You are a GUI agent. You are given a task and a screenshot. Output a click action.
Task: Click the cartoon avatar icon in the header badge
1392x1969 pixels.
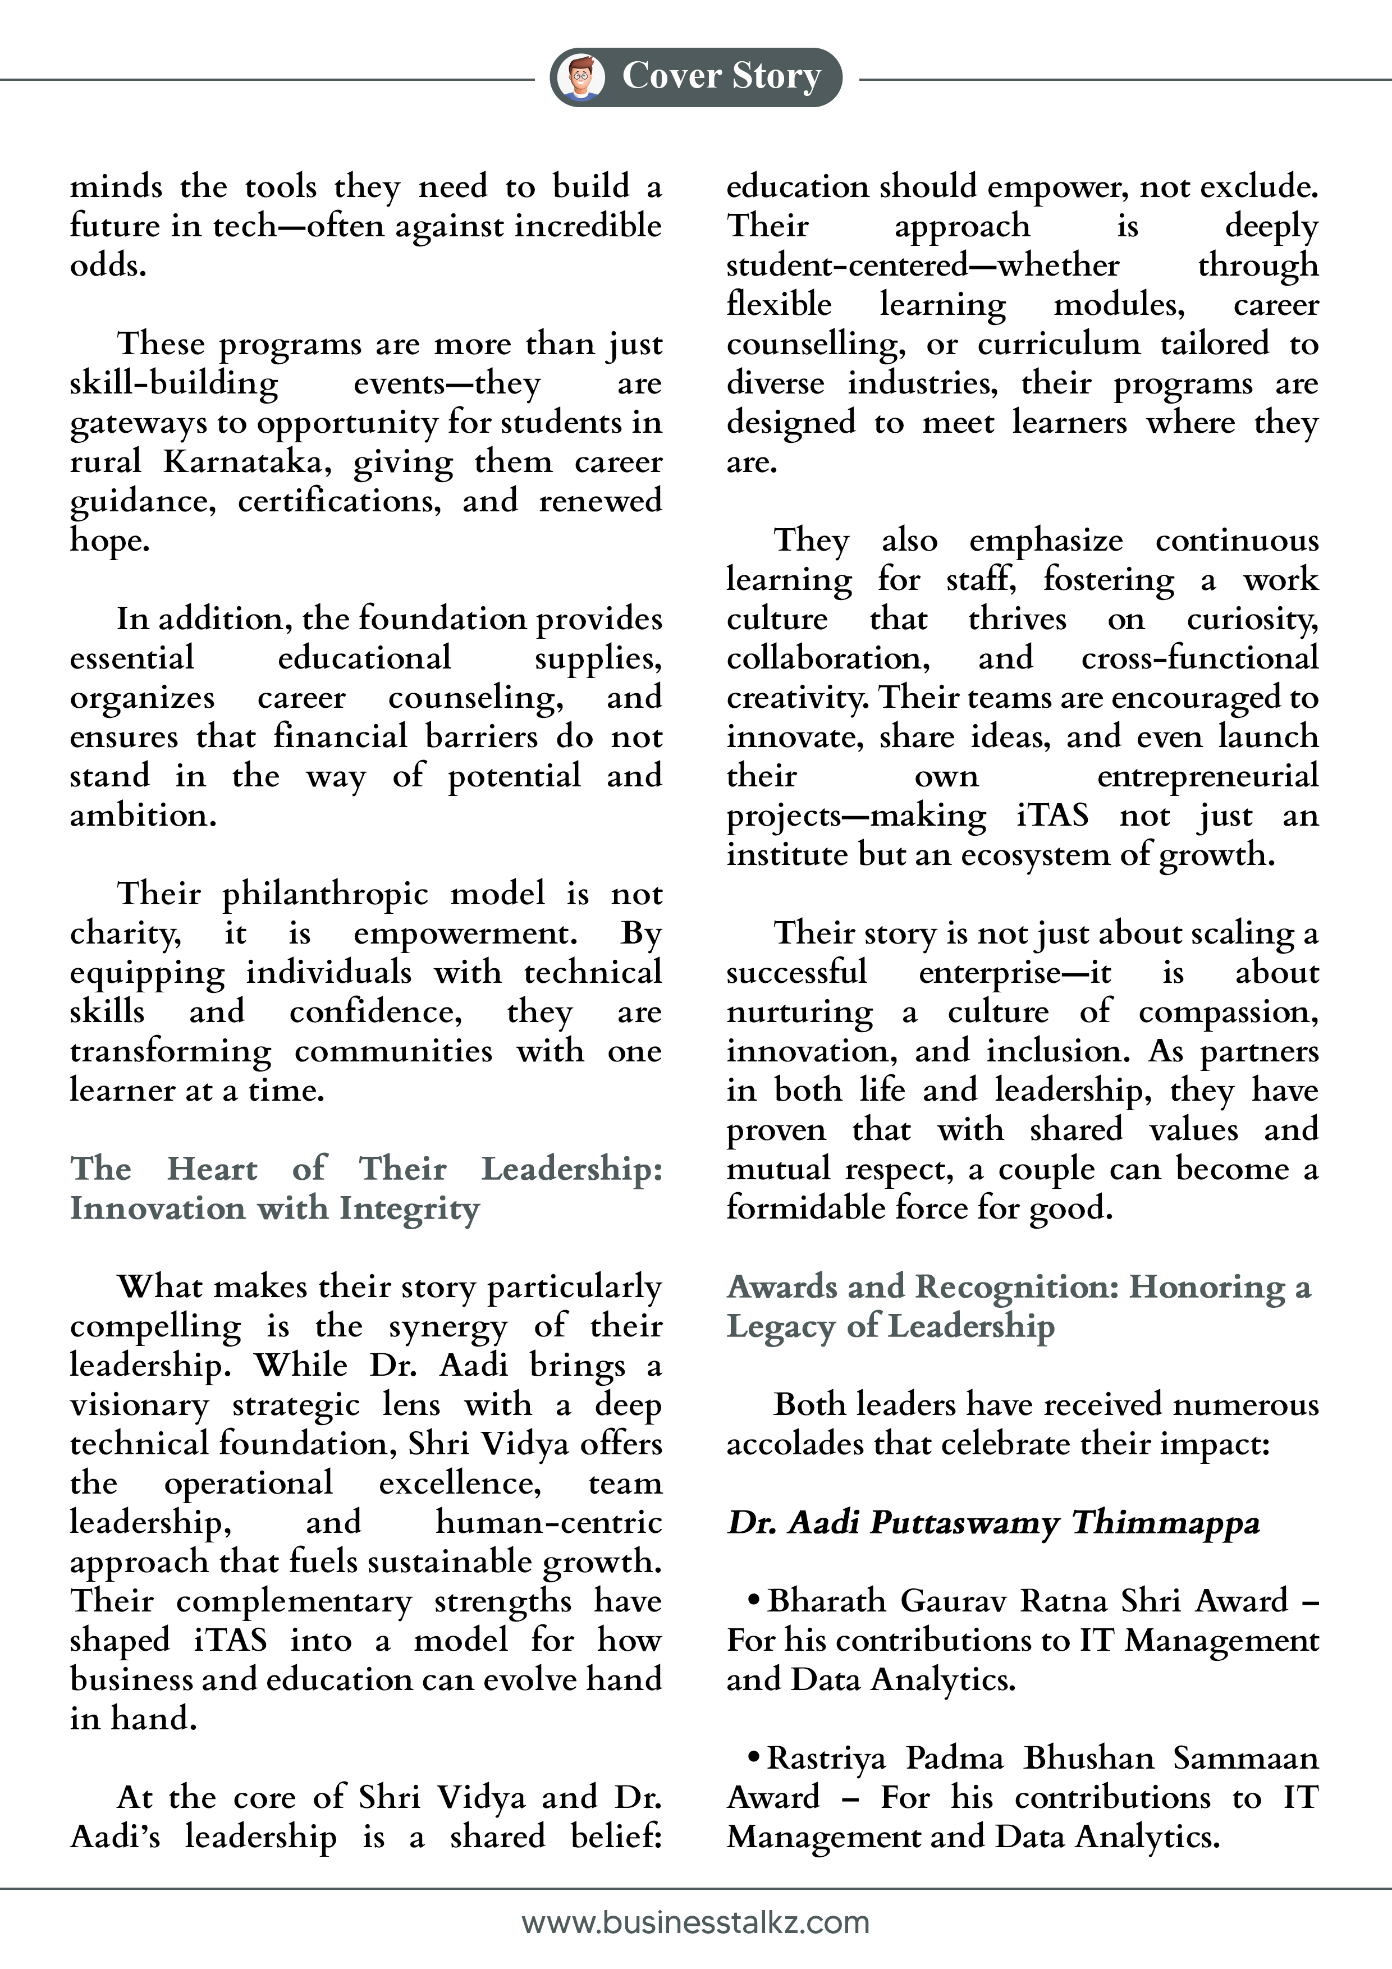pos(580,77)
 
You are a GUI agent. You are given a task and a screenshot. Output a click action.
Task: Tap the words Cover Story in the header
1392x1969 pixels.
pos(721,76)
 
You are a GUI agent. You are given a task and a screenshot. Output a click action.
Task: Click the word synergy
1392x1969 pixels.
pos(447,1327)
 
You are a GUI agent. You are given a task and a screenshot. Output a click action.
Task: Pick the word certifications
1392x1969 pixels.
pos(340,502)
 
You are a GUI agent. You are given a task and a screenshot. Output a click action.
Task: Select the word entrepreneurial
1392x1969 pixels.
pos(1207,776)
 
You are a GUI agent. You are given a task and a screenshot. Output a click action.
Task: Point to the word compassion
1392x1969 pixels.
pos(1228,1012)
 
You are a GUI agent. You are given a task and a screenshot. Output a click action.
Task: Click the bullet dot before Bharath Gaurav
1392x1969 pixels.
pos(754,1600)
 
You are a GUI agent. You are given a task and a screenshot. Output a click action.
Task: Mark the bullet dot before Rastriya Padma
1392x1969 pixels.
pos(754,1757)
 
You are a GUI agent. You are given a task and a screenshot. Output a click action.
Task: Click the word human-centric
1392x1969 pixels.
pos(549,1522)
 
